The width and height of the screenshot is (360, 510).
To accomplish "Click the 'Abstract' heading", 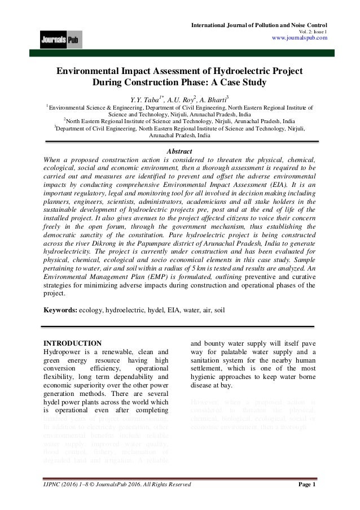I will pos(179,151).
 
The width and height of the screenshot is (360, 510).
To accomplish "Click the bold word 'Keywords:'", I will pos(60,310).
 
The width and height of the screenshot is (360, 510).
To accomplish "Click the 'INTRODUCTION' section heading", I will pos(73,343).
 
